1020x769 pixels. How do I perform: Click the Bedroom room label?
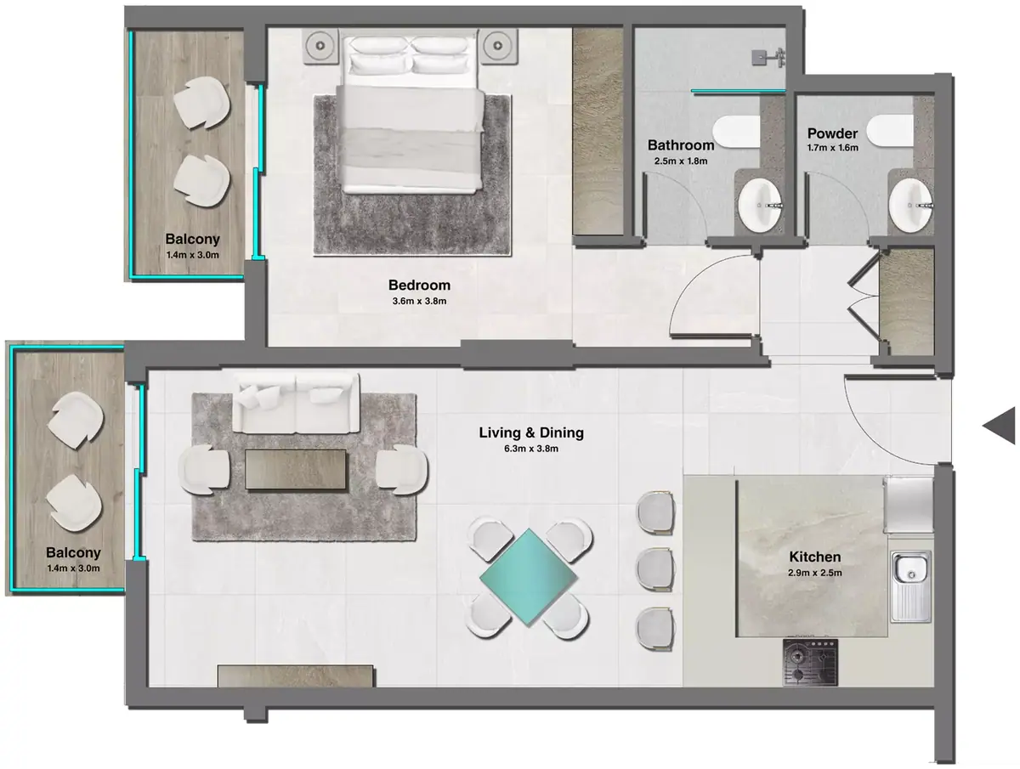(419, 285)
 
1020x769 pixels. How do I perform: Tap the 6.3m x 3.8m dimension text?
(531, 449)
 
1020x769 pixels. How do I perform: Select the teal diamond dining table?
(529, 577)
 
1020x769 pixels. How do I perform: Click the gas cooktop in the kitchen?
(810, 662)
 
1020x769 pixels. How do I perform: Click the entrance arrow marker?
(999, 426)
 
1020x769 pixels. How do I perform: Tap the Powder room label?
(832, 133)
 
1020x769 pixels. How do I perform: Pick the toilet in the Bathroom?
(737, 132)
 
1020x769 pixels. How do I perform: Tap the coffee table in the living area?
(296, 469)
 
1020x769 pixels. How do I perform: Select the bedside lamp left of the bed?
(320, 46)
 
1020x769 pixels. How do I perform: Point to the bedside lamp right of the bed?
(499, 46)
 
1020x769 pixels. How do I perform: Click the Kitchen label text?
(814, 557)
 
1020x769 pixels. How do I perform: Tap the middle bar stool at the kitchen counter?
(655, 568)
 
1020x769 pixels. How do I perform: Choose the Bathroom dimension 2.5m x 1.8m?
(681, 161)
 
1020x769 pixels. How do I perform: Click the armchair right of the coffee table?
(402, 469)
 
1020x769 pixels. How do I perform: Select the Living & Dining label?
(531, 433)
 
